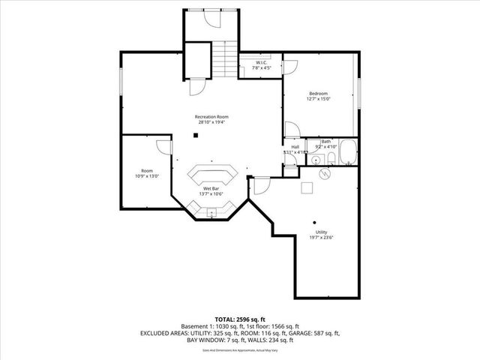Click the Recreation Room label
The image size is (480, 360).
pos(211,117)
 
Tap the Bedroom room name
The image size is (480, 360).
pos(319,92)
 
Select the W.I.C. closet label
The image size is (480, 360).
pos(261,62)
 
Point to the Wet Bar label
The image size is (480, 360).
pos(211,188)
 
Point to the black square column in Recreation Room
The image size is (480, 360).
pos(195,136)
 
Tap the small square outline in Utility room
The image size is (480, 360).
pos(306,188)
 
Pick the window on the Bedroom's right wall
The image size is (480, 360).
pos(359,91)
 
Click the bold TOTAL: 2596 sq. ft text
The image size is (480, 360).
pos(239,319)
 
